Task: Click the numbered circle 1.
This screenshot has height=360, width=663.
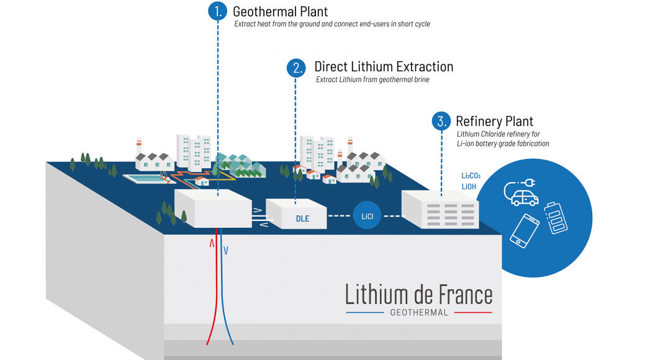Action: coord(217,11)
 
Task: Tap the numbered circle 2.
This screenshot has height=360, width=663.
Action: coord(296,68)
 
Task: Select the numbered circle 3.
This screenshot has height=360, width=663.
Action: coord(441,121)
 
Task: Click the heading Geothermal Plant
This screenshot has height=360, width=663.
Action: coord(280,11)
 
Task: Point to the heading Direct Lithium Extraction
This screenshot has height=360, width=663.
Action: coord(384,66)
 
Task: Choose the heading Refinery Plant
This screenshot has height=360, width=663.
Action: coord(494,121)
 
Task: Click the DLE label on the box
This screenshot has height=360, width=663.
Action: coord(302,218)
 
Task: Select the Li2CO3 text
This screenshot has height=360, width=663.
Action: coord(471,176)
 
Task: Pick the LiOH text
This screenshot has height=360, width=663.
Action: coord(469,186)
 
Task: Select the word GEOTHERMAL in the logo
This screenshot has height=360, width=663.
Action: coord(419,313)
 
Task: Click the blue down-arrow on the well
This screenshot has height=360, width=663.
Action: coord(226,250)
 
